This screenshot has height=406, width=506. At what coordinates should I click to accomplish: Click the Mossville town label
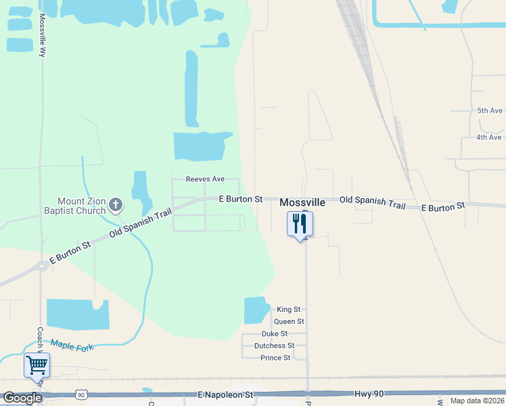click(302, 202)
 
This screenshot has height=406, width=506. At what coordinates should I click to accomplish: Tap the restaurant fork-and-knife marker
click(300, 223)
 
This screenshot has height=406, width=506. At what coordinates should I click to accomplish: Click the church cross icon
click(116, 204)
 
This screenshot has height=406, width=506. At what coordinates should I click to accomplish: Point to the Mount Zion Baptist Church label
click(81, 206)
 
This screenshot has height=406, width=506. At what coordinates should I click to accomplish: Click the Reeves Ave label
click(206, 179)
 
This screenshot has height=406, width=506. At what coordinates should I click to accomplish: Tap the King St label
click(288, 309)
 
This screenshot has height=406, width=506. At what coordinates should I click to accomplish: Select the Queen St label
click(289, 321)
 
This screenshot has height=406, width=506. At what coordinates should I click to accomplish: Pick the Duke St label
click(275, 334)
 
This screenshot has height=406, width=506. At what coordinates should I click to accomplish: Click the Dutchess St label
click(274, 346)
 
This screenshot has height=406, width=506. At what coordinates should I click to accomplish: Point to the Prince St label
click(275, 358)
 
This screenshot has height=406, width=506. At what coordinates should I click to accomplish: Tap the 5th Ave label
click(490, 110)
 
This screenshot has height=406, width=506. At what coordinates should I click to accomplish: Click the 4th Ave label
click(488, 137)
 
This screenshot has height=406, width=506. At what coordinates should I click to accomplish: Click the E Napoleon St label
click(225, 394)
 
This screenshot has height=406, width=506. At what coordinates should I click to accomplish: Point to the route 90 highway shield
click(81, 394)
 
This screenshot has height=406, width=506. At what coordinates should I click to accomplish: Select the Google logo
click(22, 398)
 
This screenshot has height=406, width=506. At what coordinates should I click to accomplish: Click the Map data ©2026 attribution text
click(477, 401)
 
